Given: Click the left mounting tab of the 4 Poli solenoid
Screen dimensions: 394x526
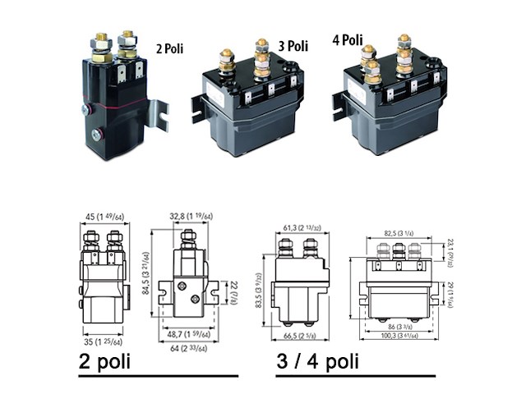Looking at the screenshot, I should [x=339, y=105].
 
